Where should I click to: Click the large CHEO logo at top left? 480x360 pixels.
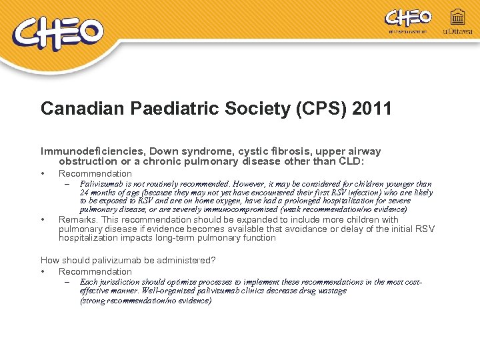click(58, 33)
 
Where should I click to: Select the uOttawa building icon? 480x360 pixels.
click(458, 18)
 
